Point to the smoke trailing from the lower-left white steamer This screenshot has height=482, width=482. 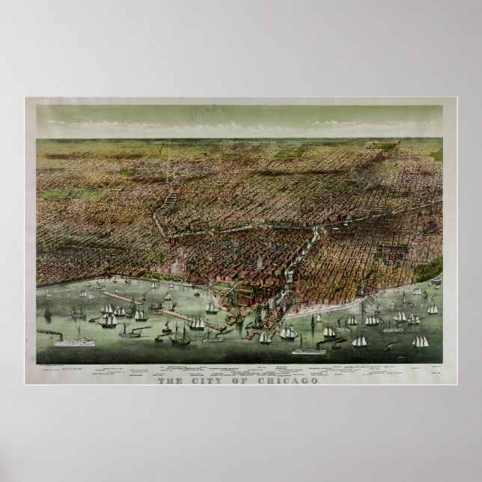tap(52, 330)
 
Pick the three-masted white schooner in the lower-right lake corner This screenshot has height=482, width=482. tap(421, 341)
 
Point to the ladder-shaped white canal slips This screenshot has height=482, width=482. tap(172, 198)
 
